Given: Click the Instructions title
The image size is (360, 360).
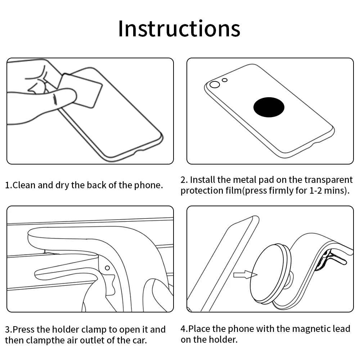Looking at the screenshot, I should coord(179,29).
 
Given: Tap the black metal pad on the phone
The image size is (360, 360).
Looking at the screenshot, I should coord(269,107).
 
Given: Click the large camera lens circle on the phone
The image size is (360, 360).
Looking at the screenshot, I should coord(215,85).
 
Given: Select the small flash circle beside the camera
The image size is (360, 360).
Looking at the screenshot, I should coord(225,80).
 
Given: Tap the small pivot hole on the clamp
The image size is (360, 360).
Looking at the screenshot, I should coord(107,268).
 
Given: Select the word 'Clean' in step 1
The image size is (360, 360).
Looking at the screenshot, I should coord(24,185).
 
